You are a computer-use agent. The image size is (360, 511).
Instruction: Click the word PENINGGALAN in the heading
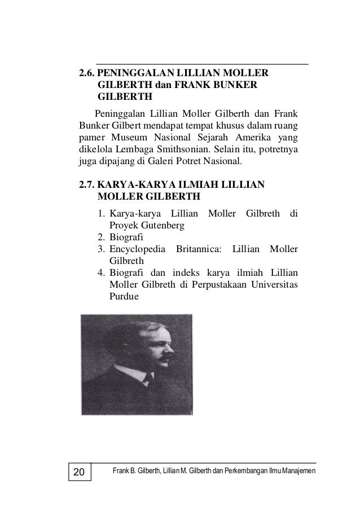coord(133,73)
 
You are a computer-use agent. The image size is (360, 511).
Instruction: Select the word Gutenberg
coord(164,226)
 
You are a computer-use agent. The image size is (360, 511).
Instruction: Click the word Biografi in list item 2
coord(127,237)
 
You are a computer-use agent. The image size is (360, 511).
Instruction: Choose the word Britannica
coord(200,249)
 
